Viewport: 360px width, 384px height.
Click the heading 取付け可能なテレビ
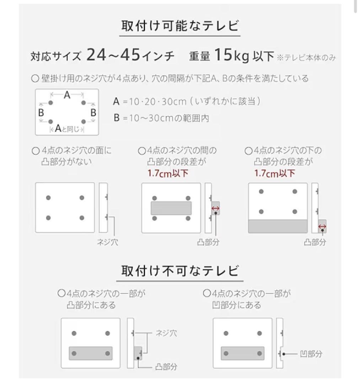coord(180,27)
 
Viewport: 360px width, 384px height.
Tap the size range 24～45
coord(112,55)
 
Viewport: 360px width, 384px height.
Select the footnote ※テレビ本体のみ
coord(307,58)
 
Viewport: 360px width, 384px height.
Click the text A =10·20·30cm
coord(149,102)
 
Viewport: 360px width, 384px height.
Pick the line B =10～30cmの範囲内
coord(161,118)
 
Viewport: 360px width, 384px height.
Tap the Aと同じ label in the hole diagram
coord(67,129)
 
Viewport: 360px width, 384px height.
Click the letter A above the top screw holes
coord(67,95)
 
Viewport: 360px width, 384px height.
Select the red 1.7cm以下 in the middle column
coord(168,174)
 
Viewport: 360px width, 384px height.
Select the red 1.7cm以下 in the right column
coord(275,174)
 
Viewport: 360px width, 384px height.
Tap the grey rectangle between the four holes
coord(171,208)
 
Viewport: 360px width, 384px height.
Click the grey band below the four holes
coord(278,226)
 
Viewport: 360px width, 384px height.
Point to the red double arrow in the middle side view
coord(215,209)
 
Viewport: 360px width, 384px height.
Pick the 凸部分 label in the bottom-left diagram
coord(166,366)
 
